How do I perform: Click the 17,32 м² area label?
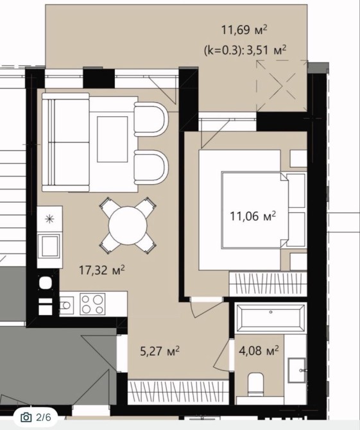(102, 270)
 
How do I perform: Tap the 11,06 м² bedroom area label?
(253, 216)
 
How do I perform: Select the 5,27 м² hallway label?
(160, 351)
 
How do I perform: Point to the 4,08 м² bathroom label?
(259, 350)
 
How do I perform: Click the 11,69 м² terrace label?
(244, 30)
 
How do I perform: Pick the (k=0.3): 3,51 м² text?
(245, 51)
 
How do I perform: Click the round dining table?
(128, 226)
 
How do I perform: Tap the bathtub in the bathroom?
(271, 318)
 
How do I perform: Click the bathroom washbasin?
(297, 370)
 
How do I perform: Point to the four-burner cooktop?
(92, 304)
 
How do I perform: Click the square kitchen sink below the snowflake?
(49, 246)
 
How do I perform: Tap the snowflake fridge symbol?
(49, 219)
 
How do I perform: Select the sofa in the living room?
(66, 142)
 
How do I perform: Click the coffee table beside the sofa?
(112, 139)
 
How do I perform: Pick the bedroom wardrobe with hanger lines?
(268, 284)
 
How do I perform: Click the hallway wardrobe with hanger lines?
(178, 392)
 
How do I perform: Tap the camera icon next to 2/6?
(26, 417)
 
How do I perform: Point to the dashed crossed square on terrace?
(282, 86)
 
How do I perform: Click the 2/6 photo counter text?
(44, 417)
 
